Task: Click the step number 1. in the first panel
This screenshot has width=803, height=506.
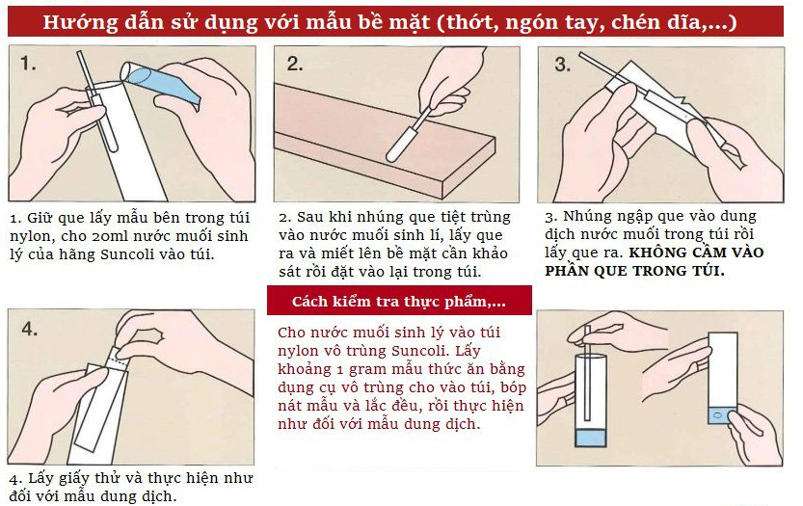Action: coord(28,63)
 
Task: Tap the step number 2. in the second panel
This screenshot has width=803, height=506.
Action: coord(295,64)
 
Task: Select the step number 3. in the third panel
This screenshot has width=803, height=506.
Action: coord(563,64)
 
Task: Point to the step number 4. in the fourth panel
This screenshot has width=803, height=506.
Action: coord(30,329)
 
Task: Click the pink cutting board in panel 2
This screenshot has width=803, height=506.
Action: coord(384,141)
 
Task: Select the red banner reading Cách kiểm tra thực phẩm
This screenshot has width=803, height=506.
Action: coord(399,301)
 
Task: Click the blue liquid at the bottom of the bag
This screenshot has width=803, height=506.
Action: coord(591,438)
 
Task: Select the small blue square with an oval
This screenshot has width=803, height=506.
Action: coord(722,415)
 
